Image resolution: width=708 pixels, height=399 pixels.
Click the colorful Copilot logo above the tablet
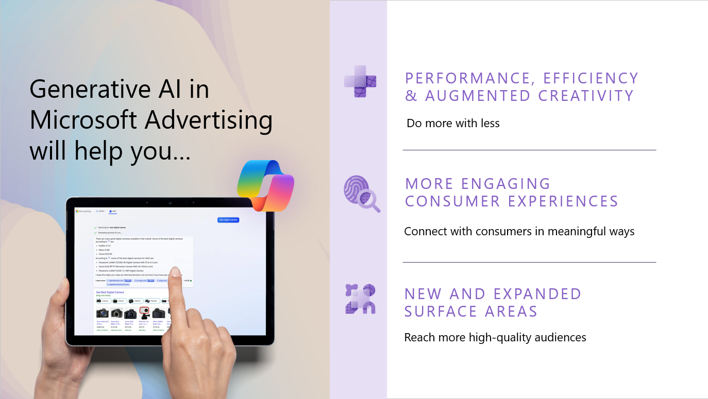pos(265,186)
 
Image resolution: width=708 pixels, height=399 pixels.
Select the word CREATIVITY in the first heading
pos(586,96)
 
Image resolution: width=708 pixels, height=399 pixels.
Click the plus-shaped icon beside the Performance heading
pos(360,81)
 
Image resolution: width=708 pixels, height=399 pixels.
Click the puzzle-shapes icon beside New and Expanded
pos(360,299)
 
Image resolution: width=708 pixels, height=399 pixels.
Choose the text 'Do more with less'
pos(453,123)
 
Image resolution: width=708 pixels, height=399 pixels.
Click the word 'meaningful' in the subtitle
pos(578,231)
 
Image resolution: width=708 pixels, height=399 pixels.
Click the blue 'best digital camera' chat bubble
pos(228,220)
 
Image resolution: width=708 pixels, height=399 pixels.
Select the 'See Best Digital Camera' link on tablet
pos(110,292)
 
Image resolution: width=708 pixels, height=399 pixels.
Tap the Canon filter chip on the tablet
pos(104,301)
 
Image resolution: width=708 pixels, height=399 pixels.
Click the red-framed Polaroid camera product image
pos(144,313)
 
